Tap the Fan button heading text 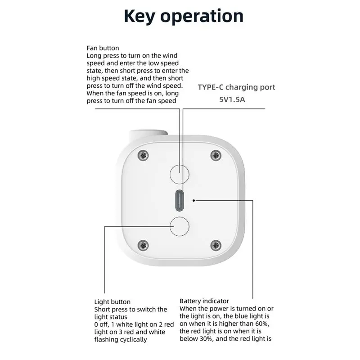[103, 48]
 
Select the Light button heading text [112, 302]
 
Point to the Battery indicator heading [204, 301]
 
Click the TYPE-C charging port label [236, 87]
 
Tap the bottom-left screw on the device [144, 245]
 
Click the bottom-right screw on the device [216, 245]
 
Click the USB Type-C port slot [180, 200]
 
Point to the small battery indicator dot [194, 200]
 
